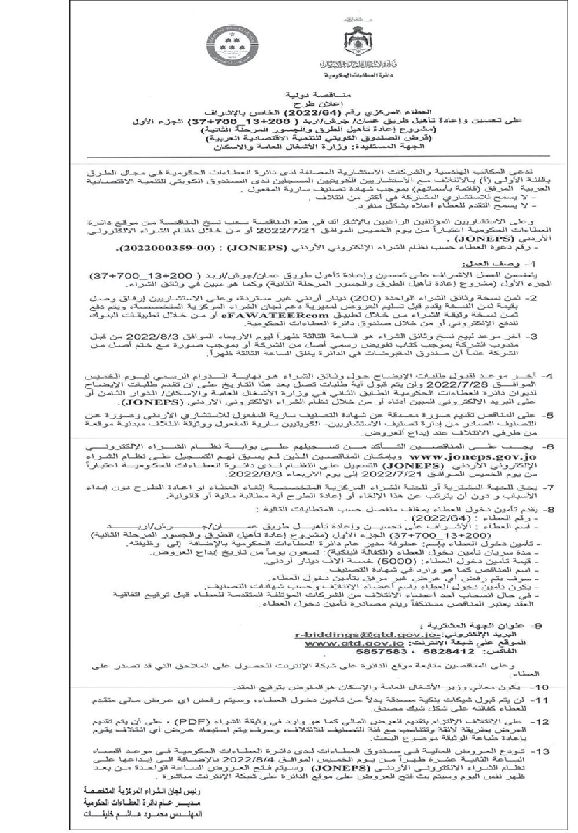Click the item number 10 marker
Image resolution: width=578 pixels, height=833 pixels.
[x=541, y=686]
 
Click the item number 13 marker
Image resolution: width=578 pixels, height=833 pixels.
[x=541, y=751]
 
